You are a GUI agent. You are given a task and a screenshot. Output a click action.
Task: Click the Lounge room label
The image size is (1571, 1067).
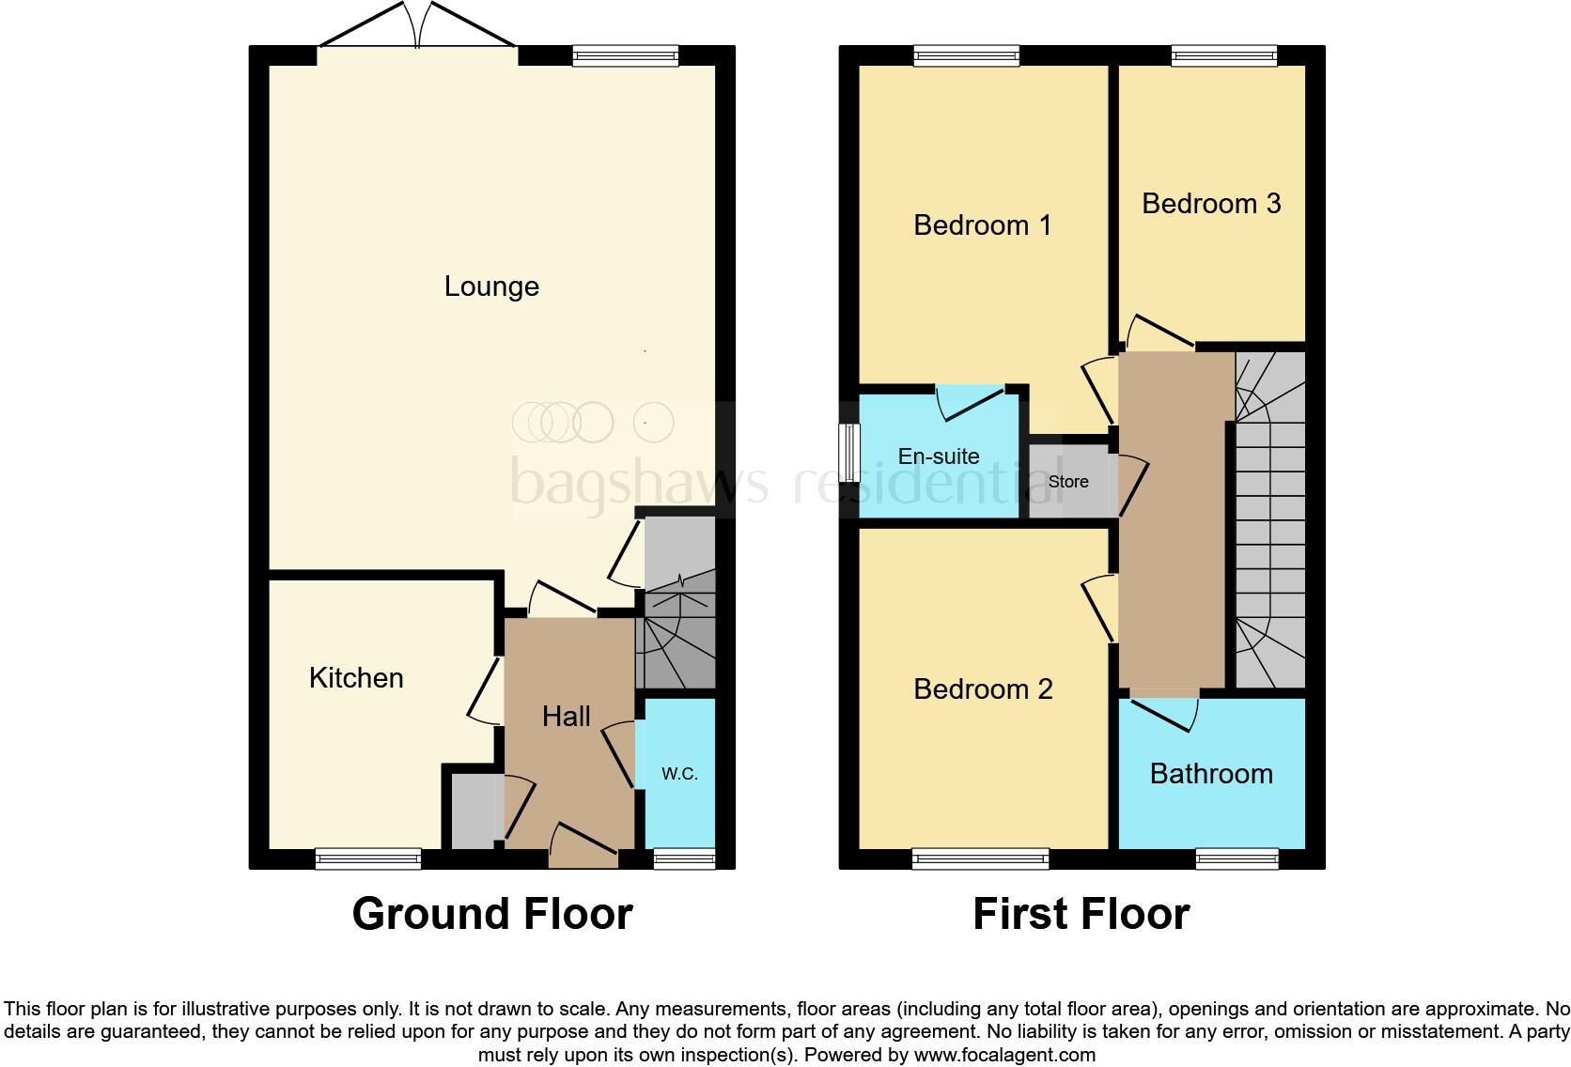[491, 286]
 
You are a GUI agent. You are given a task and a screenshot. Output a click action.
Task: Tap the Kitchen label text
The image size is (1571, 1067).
[356, 678]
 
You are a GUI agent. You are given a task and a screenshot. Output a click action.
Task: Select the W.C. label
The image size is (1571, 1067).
[679, 774]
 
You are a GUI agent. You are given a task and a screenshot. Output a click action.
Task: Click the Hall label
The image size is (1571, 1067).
[566, 717]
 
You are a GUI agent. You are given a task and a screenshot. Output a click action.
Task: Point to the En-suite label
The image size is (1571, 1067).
[939, 456]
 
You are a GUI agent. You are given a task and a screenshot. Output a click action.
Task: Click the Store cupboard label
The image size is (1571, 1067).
[1068, 482]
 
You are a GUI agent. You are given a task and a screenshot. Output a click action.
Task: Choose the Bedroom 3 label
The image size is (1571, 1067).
[1211, 204]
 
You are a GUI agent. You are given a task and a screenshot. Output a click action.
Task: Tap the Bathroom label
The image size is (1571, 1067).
[1211, 774]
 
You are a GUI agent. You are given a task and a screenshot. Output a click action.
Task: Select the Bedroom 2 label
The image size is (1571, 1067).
[983, 689]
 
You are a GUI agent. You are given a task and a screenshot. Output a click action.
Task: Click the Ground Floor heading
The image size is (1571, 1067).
[492, 914]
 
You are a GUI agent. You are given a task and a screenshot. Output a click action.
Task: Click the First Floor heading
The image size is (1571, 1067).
[1081, 914]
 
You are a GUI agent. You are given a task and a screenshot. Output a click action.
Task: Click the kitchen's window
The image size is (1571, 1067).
[367, 858]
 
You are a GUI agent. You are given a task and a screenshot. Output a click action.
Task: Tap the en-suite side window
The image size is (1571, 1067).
[849, 453]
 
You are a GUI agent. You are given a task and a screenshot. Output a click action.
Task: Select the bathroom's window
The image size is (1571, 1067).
[1237, 858]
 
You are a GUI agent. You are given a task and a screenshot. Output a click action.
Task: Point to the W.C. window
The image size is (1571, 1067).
[684, 858]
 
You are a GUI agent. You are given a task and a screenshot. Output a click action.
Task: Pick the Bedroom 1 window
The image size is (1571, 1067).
[967, 56]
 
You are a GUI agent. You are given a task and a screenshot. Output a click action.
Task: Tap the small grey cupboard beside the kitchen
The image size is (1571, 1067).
[473, 811]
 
